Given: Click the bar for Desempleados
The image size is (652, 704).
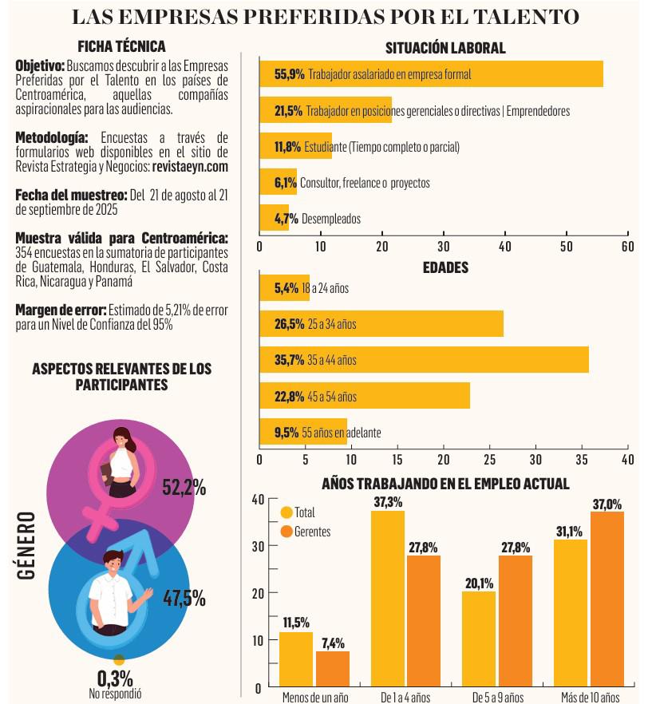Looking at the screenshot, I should pos(275,218).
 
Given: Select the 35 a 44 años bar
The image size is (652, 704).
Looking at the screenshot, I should pos(424,360).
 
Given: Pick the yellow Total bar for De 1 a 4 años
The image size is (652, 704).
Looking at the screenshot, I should pos(388,599).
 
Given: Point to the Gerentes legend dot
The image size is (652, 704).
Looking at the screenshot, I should pos(286,531).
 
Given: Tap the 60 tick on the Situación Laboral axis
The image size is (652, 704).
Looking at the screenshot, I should pos(627,247).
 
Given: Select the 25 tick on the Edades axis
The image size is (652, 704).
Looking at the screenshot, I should pos(489,460).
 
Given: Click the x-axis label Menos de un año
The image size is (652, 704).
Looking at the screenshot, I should pos(314,698).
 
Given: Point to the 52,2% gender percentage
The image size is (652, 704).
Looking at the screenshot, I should pos(184,488).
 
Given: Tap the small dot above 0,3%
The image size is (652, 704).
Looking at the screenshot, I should pos(119,660).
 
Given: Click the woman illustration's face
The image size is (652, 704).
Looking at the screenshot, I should pos(122,438).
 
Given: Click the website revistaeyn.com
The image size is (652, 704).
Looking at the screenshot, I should pos(191,167).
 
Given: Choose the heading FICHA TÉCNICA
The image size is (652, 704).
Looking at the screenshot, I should pos(121,46).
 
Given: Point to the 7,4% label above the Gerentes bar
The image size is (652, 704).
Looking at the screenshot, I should pos(332,643).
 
